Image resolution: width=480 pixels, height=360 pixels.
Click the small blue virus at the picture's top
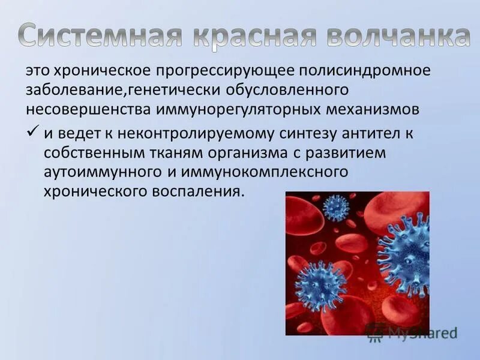[336, 208]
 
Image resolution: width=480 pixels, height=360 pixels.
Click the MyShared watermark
[415, 332]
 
